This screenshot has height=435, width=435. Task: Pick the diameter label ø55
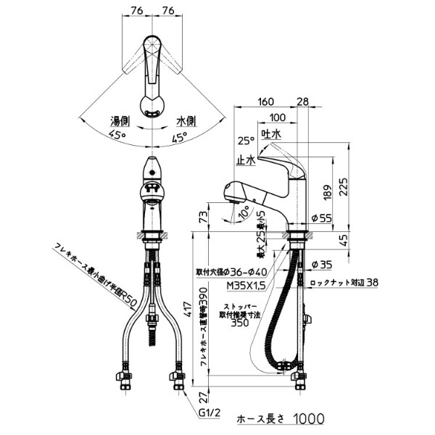click(x=321, y=217)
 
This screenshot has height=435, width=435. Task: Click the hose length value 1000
click(x=309, y=419)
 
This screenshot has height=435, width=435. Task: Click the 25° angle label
click(x=244, y=141)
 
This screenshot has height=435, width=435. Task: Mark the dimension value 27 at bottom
click(x=204, y=396)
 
